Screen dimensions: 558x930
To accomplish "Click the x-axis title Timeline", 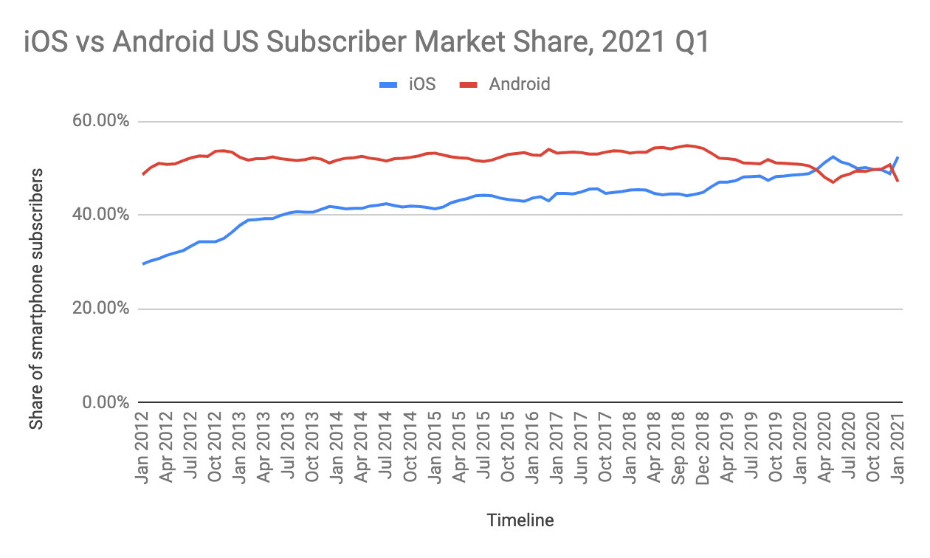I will [x=520, y=520].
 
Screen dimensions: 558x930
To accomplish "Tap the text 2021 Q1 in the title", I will [x=655, y=42].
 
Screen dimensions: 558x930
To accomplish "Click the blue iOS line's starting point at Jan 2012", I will [x=143, y=263].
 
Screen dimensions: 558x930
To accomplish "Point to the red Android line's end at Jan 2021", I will [x=898, y=181].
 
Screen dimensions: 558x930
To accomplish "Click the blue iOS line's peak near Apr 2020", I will [x=833, y=156].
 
